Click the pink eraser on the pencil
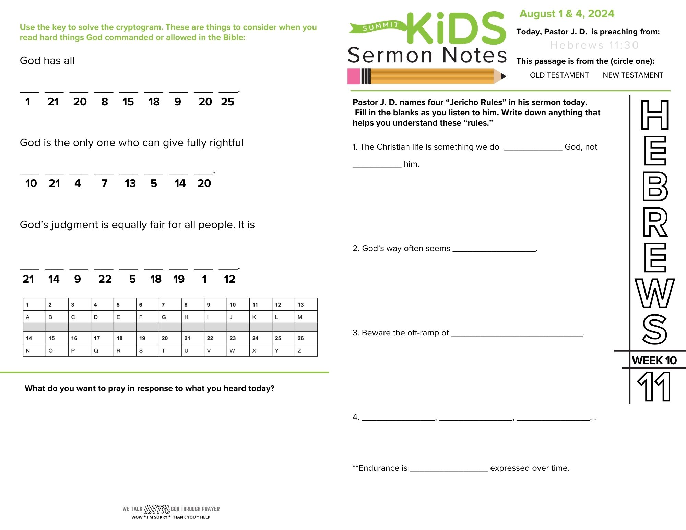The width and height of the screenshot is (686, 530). click(x=354, y=76)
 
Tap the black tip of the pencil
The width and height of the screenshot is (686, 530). click(x=503, y=76)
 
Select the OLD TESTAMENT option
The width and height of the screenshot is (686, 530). click(x=559, y=75)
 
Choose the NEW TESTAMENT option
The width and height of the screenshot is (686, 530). click(x=633, y=75)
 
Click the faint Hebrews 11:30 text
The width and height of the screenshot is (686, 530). click(x=594, y=45)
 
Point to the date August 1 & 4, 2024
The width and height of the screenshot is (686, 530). click(x=567, y=14)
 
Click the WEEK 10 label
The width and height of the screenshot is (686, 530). click(x=654, y=360)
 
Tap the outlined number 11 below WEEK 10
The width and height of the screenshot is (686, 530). click(x=654, y=387)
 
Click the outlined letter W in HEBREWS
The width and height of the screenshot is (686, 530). click(x=655, y=293)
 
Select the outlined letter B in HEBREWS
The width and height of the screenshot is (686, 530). click(x=655, y=186)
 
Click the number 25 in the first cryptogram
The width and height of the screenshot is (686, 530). click(x=227, y=102)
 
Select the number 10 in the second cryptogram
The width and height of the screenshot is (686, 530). click(x=31, y=184)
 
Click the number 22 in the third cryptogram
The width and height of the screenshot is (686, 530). click(x=105, y=279)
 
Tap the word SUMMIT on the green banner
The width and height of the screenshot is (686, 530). click(x=380, y=26)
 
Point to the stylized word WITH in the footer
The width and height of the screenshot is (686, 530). click(x=157, y=509)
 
